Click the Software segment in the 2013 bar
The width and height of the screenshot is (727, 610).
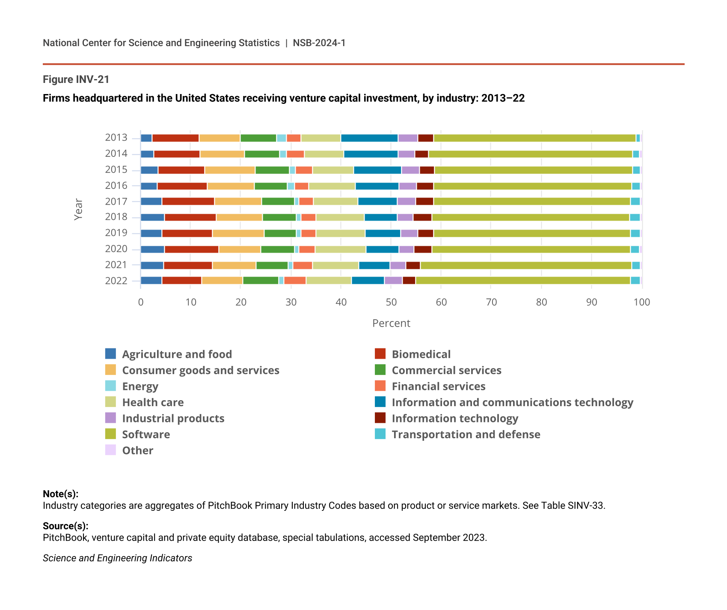pos(534,138)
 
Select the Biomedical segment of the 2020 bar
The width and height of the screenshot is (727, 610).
pos(191,250)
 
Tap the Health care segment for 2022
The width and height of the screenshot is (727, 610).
pos(329,281)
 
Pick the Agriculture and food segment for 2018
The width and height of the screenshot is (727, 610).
pos(152,217)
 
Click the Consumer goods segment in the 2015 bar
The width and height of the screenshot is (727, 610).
pos(230,170)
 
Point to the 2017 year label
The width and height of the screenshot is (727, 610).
pos(116,201)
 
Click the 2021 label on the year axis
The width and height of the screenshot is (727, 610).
pos(116,265)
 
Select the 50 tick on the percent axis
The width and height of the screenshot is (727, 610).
pos(391,303)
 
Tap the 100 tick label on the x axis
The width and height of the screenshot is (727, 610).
pos(641,303)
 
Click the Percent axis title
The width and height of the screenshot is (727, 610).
pos(391,324)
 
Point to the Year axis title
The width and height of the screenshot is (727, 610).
pos(78,209)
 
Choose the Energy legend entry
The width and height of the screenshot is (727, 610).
pos(140,386)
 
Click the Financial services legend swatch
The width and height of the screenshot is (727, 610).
pos(380,386)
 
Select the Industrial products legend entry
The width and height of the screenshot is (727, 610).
pos(173,418)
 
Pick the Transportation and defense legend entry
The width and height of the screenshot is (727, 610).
pos(466,435)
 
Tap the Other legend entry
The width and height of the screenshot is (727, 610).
pos(137,451)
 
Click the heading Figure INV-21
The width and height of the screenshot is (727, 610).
pos(76,80)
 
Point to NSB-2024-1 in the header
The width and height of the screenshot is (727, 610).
pos(319,43)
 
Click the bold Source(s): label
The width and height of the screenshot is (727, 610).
pos(65,526)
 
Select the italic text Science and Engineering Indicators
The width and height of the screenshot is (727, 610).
pos(117,558)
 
